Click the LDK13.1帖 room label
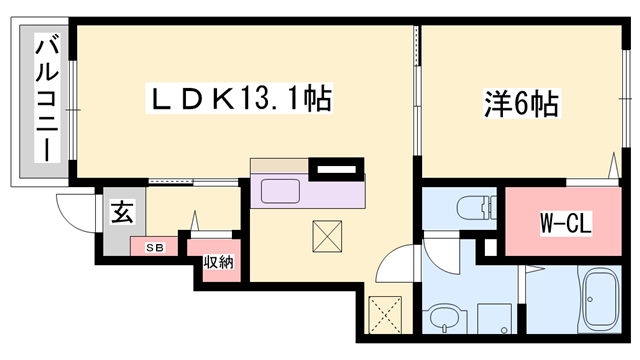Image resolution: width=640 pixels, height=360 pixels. coord(240,100)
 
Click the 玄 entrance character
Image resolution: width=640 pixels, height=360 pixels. coord(121,212)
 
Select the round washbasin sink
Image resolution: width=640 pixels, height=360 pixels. coord(443,320)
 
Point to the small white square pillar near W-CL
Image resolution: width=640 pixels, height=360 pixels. coord(490,246)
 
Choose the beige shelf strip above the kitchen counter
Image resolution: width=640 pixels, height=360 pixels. coord(280,166)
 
